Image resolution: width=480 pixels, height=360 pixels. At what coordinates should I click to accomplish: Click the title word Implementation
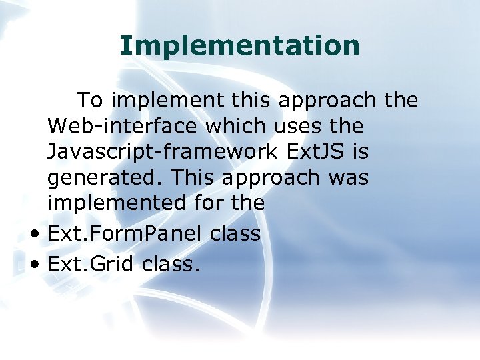point(239,46)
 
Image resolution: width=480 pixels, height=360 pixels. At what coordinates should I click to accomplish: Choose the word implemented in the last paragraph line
point(105,203)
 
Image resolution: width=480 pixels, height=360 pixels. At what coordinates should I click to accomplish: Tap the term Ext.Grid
point(91,265)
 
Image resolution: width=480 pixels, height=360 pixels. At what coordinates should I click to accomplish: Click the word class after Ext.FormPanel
point(234,233)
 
